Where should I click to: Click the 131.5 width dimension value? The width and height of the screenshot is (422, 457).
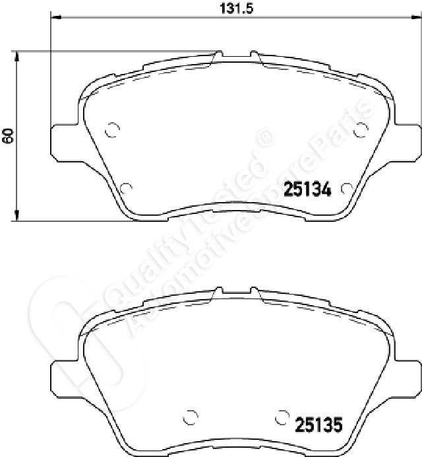(236, 9)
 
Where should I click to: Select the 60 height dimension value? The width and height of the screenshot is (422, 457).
(8, 135)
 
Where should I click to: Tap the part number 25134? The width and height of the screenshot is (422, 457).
(307, 189)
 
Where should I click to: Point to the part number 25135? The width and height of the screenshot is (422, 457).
(318, 425)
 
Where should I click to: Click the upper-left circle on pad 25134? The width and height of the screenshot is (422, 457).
(112, 129)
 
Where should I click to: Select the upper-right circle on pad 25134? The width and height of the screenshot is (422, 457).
(361, 129)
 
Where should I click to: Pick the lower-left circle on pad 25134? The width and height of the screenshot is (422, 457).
(126, 188)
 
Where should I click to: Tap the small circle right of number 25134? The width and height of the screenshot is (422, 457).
(347, 189)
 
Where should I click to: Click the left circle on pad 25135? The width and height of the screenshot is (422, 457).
(191, 417)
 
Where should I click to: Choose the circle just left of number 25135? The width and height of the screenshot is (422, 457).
(282, 417)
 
